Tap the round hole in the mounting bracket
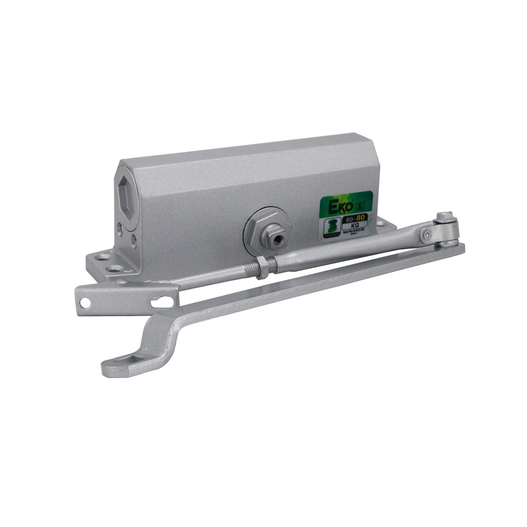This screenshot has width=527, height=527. pyautogui.click(x=85, y=302)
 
